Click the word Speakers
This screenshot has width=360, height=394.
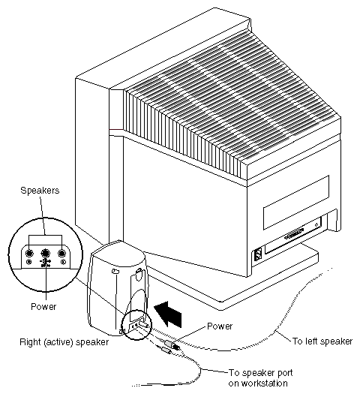[40, 191]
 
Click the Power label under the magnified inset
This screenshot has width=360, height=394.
[43, 306]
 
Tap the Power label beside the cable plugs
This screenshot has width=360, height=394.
[220, 326]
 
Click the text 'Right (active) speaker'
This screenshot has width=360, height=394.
[64, 342]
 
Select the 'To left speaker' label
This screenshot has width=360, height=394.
[322, 341]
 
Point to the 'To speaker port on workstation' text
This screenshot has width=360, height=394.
[260, 378]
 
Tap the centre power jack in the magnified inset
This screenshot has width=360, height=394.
[45, 254]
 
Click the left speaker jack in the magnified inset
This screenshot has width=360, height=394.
[29, 254]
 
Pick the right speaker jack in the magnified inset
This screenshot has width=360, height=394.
[61, 254]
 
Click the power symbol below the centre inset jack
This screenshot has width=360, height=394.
[45, 262]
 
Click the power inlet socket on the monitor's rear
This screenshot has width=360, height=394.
[258, 254]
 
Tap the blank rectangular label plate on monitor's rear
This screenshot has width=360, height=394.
[296, 203]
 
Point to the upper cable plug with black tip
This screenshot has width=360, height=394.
[172, 344]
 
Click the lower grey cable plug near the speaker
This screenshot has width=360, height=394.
[165, 350]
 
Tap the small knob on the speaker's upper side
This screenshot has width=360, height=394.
[115, 272]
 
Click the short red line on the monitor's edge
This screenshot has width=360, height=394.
[116, 130]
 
